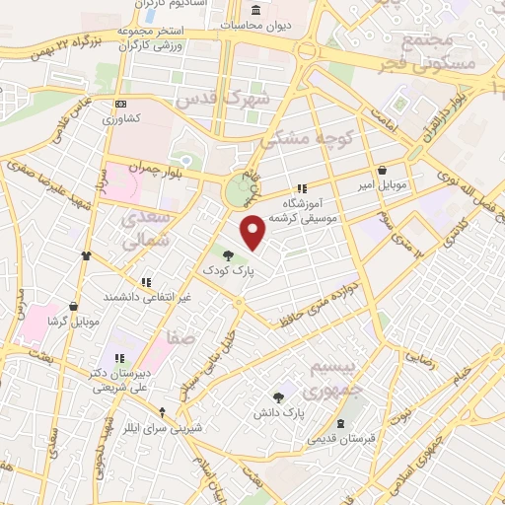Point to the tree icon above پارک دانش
click(279, 397)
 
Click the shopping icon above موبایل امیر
click(382, 170)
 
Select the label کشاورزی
click(125, 117)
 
